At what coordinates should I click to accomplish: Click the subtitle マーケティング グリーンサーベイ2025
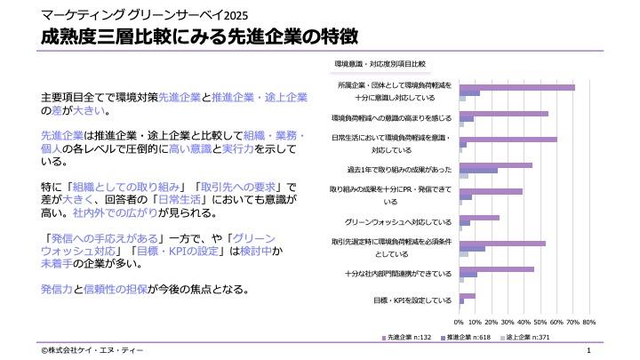132,14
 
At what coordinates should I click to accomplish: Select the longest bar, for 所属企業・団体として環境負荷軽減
516,87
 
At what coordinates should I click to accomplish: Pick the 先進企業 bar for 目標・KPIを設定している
467,296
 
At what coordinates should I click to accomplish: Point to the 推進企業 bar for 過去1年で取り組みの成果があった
478,170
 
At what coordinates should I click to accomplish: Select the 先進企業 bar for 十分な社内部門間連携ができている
496,269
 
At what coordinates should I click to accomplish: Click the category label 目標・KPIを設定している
412,301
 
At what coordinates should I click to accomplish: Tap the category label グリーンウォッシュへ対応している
398,222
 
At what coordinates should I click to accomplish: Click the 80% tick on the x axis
588,322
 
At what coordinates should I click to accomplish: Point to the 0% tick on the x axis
459,322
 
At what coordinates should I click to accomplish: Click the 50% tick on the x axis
540,322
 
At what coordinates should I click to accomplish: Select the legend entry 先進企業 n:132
410,338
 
